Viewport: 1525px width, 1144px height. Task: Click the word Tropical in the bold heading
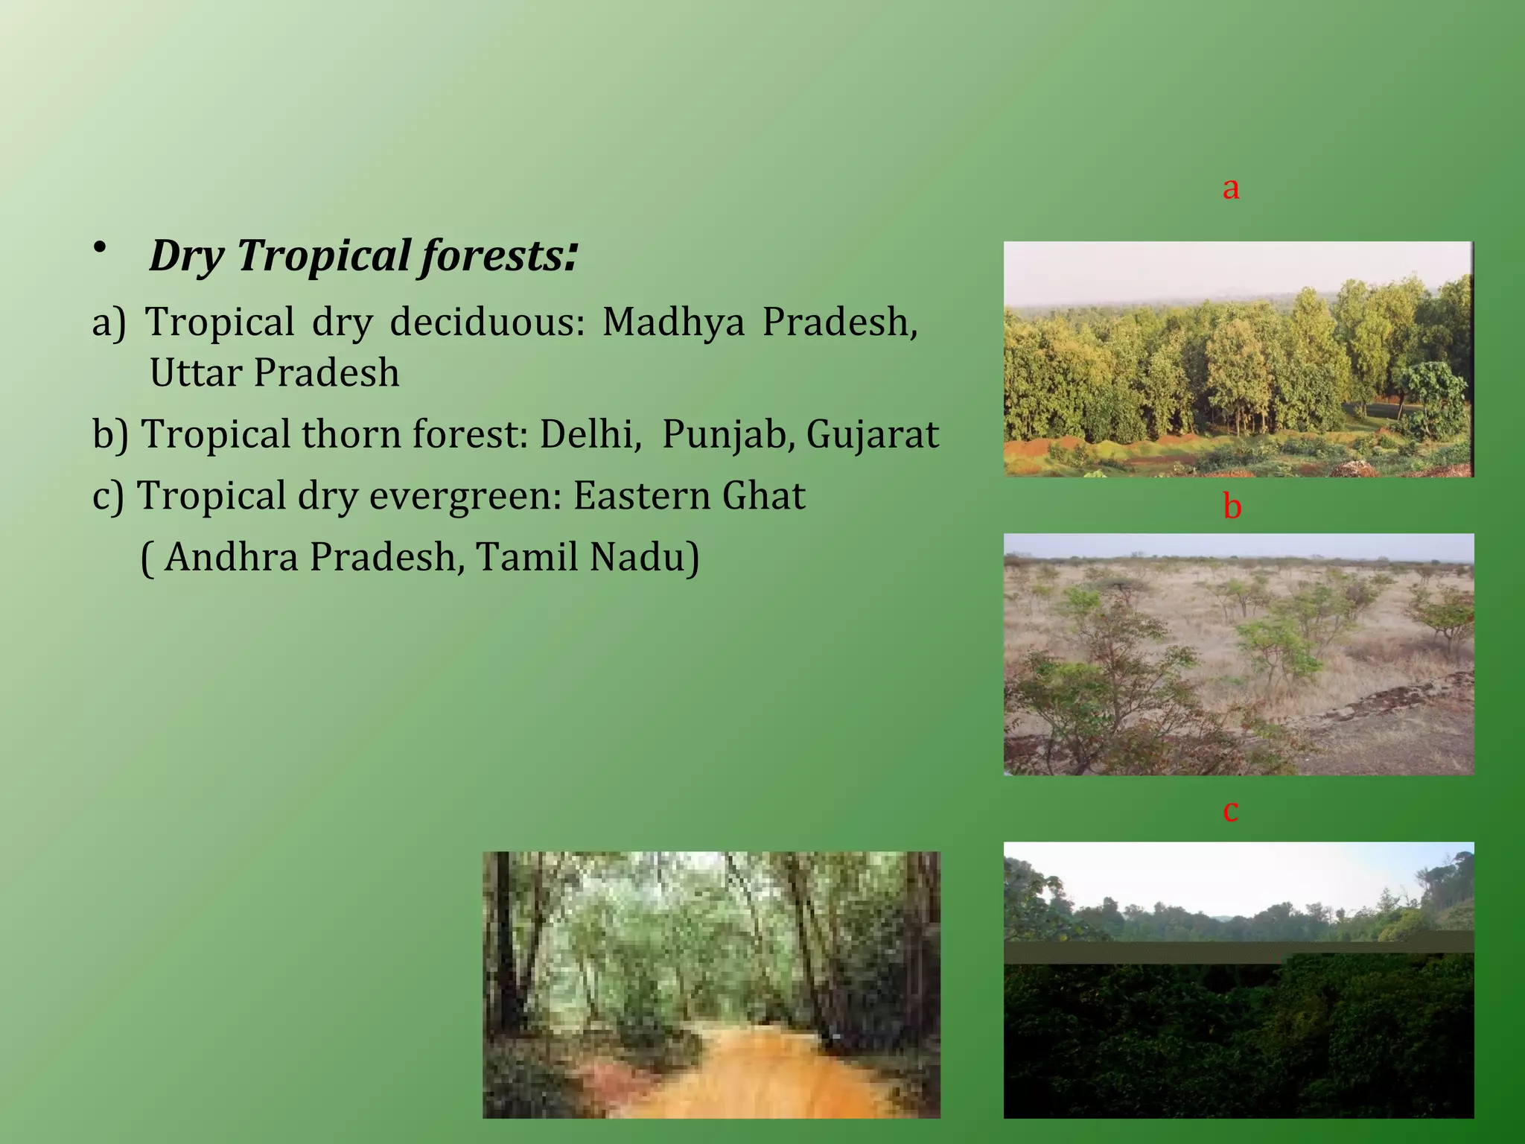[x=324, y=256]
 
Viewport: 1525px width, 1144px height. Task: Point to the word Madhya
[x=673, y=323]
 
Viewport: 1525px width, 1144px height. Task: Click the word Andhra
[x=232, y=557]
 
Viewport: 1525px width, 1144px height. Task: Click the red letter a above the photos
[x=1231, y=188]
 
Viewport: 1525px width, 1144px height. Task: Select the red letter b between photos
[x=1232, y=506]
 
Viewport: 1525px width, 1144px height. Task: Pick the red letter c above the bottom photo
[x=1231, y=810]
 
